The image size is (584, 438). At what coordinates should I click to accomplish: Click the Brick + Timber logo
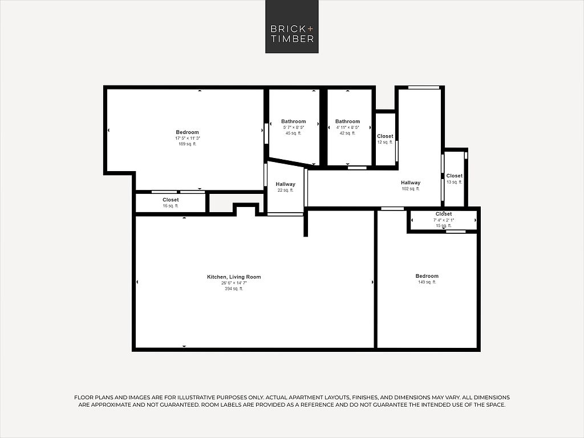(291, 26)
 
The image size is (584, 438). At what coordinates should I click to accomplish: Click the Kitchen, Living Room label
(234, 277)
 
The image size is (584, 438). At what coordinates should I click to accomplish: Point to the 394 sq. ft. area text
(234, 289)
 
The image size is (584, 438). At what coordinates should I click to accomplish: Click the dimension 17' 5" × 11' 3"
(188, 138)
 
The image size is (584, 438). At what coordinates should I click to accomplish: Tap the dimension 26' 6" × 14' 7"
(234, 283)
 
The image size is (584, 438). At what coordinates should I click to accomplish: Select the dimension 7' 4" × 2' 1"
(444, 220)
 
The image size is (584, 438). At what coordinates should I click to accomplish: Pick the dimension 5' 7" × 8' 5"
(294, 127)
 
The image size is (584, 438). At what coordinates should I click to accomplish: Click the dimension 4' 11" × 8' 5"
(347, 127)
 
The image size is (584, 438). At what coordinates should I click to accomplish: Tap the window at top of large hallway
(424, 88)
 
